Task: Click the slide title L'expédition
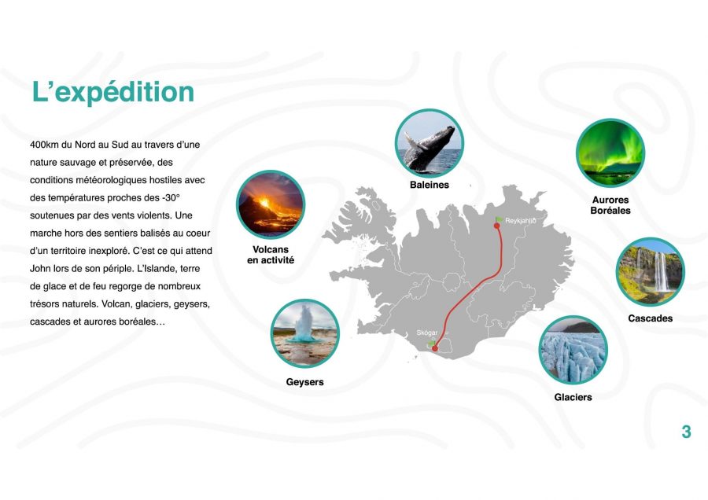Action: tap(113, 93)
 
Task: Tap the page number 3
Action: tap(686, 432)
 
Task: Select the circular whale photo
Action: tap(430, 143)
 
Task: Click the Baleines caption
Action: tap(430, 185)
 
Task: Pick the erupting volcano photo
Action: tap(271, 204)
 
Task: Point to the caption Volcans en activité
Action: tap(271, 255)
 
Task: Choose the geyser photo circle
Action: tap(304, 333)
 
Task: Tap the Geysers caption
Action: tap(304, 382)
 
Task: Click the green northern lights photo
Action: tap(610, 153)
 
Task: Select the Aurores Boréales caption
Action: tap(610, 205)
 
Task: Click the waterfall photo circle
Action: tap(651, 272)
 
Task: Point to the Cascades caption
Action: tap(651, 318)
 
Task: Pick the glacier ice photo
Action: tap(573, 350)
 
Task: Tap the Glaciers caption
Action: tap(573, 397)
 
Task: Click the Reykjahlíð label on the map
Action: tap(521, 221)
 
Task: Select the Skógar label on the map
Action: tap(426, 333)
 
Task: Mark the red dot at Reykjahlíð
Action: tap(497, 226)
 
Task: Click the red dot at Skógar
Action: tap(435, 348)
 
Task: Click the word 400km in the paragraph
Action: tap(44, 145)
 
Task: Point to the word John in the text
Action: tap(40, 269)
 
